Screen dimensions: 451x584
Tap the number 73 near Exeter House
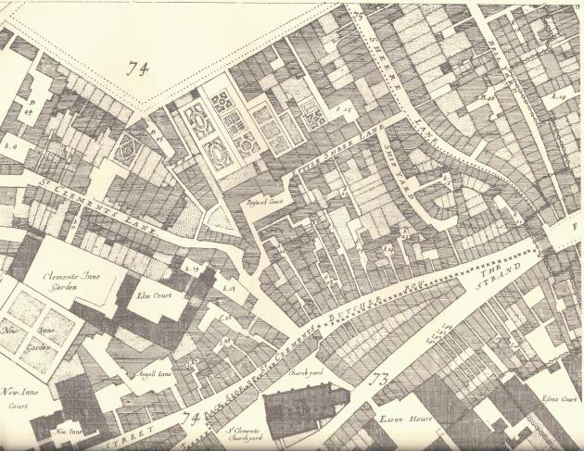coord(378,379)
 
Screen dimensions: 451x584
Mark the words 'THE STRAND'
coord(499,276)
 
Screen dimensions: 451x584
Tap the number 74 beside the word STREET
coord(193,419)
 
